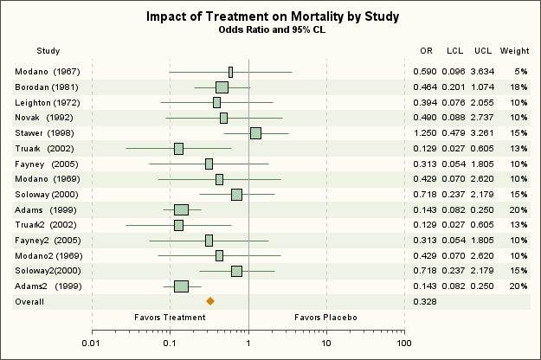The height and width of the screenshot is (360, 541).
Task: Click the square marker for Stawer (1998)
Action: point(255,132)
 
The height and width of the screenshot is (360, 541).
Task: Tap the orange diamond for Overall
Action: point(210,301)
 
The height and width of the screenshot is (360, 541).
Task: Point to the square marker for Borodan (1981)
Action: point(222,87)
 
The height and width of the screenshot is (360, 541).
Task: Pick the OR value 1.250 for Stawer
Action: point(423,132)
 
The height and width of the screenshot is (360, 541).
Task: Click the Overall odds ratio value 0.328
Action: point(423,301)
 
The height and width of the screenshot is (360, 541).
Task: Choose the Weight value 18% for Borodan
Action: point(518,87)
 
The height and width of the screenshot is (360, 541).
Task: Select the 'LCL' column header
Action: point(454,49)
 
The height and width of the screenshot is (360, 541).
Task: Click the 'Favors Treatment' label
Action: point(170,317)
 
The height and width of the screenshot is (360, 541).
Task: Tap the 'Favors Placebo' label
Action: point(325,317)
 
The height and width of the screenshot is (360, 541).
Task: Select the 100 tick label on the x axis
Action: point(403,344)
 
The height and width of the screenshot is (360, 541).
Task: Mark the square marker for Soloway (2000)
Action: point(236,194)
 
